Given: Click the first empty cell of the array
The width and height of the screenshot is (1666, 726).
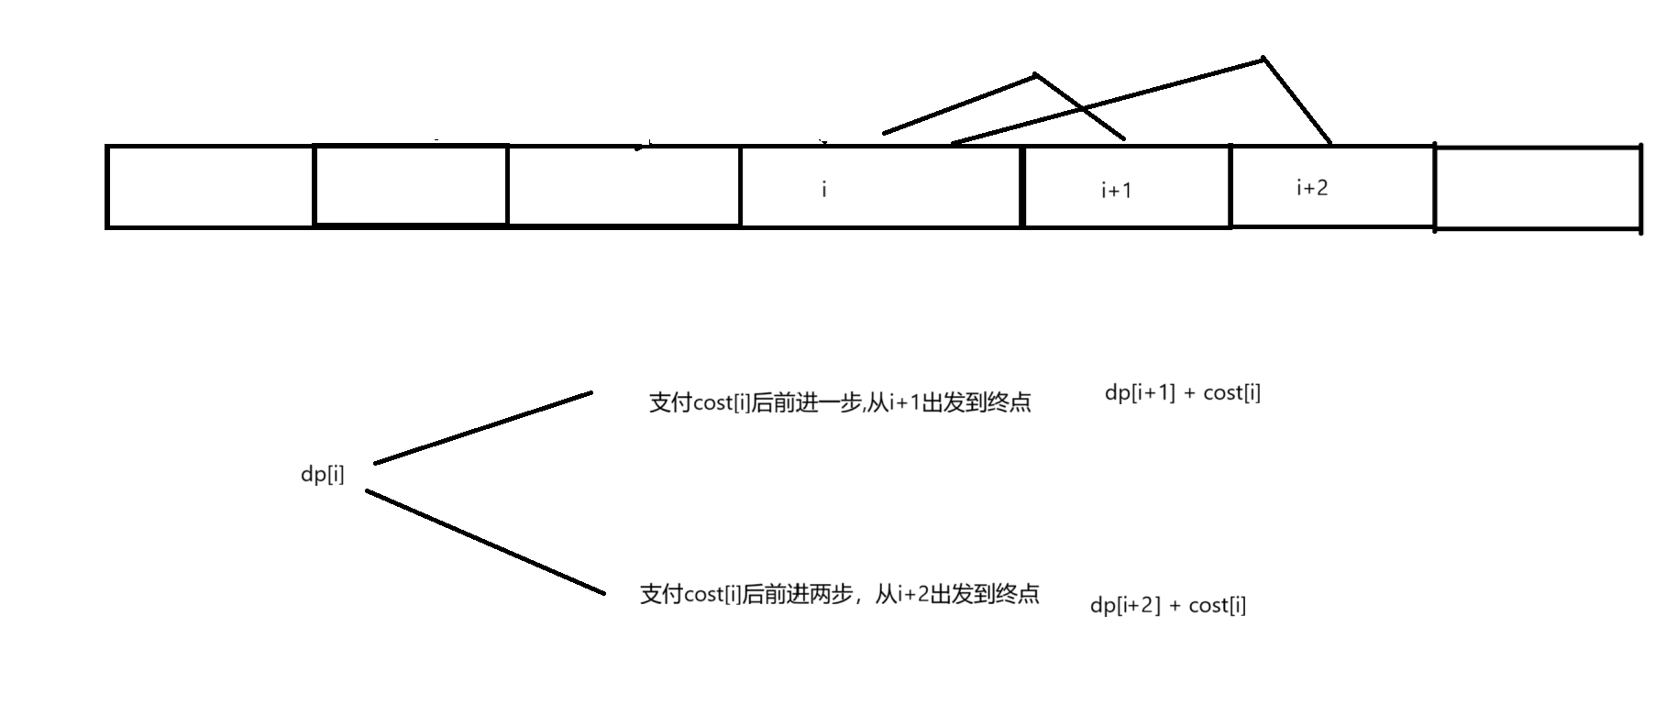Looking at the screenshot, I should pos(210,186).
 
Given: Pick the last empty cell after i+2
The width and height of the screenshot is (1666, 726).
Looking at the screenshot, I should pos(1538,187).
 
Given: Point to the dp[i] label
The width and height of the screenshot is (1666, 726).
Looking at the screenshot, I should pos(323,475).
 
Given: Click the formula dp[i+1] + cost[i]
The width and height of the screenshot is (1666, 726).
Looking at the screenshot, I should pos(1182,393).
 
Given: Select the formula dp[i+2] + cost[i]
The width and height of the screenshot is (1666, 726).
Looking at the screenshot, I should pos(1167,605).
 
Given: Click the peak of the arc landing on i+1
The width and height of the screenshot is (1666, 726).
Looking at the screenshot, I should pos(1036,74).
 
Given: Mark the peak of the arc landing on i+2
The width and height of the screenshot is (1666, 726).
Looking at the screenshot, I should pos(1263,60).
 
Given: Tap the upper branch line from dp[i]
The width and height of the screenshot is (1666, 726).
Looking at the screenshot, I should pos(483,428).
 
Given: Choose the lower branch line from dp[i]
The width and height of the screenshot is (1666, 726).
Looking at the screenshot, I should pos(485,542).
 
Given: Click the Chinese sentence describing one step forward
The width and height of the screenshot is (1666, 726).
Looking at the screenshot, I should pos(840,402).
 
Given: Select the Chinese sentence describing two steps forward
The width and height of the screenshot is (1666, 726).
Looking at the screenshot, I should pos(839,594).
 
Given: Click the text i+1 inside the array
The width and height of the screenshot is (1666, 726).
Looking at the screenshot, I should pos(1116,191).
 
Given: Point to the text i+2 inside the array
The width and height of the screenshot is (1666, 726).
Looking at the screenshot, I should pos(1311,188).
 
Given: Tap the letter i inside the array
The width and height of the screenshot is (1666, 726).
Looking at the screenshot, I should pos(823,190).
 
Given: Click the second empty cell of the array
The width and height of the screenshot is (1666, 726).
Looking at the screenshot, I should pos(410,185).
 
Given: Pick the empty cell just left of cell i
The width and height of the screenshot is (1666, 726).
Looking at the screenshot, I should pos(623,186).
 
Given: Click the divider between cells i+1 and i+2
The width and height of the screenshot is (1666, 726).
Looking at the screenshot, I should pos(1230,186).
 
